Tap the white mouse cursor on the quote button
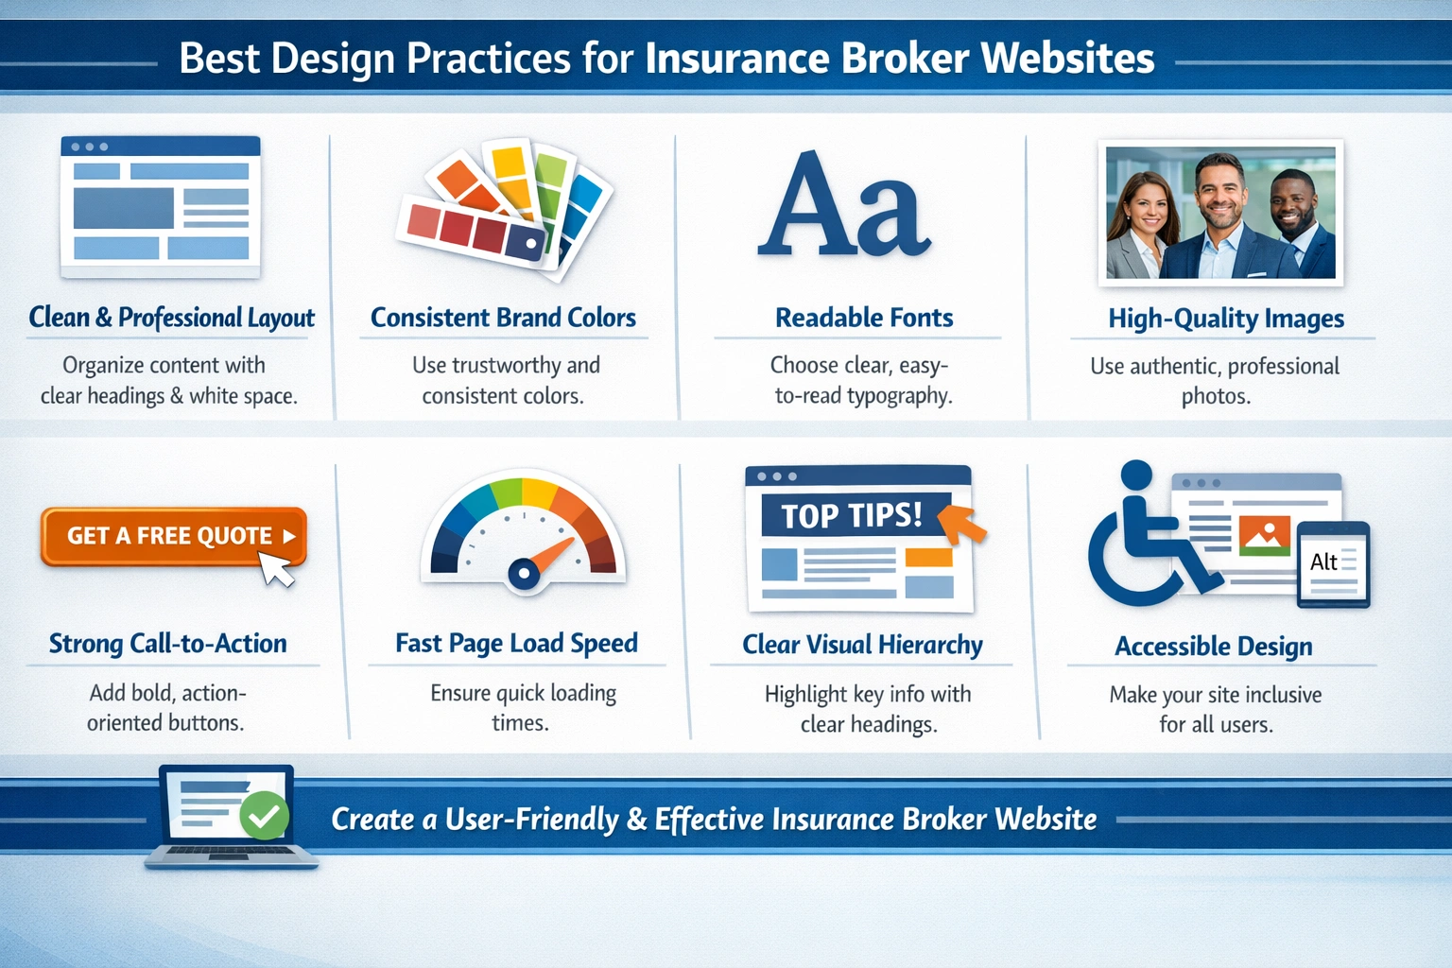[x=276, y=568]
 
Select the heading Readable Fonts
[x=864, y=318]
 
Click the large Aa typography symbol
[x=844, y=205]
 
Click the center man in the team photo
[x=1220, y=217]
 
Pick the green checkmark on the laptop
[x=265, y=815]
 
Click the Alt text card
[x=1333, y=563]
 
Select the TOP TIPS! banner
[x=852, y=515]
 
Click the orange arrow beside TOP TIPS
[x=964, y=523]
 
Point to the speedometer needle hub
[x=523, y=572]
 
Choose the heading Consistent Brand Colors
[x=503, y=318]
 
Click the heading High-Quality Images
[x=1226, y=319]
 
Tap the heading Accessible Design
[x=1214, y=647]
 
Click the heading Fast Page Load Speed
[x=516, y=644]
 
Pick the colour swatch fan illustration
[x=506, y=208]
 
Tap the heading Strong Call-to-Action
[x=168, y=644]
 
